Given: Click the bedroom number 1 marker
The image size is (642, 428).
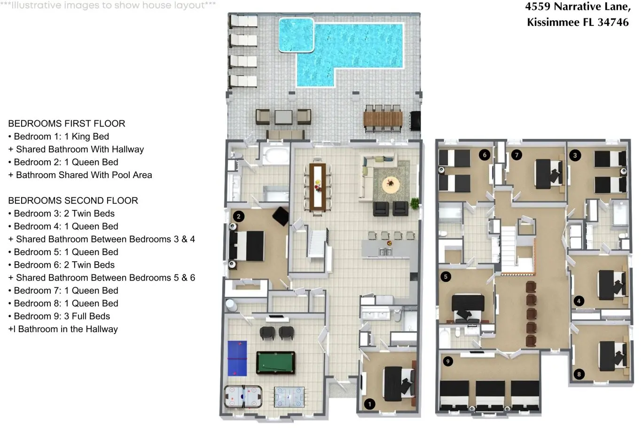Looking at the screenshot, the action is (369, 404).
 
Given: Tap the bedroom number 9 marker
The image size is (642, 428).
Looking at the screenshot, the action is (448, 361).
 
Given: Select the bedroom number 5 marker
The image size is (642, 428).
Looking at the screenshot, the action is (446, 276).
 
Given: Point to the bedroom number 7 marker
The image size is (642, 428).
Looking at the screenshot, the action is (517, 155).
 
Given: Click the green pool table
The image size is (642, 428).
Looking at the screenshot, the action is (275, 362).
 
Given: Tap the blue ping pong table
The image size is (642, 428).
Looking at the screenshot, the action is (237, 358).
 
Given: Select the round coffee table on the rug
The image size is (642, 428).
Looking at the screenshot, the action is (391, 184).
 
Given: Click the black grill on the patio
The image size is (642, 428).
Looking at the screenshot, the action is (415, 121).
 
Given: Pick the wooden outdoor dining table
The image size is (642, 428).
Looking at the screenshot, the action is (383, 119).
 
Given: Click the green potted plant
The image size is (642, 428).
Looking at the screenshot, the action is (414, 203).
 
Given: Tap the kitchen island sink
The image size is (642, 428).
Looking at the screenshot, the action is (385, 252).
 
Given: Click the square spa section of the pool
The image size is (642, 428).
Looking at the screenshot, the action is (296, 35).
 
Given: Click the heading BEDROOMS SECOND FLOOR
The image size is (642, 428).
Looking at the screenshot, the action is (73, 201).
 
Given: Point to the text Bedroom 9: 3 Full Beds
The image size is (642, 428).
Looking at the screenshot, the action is (62, 316).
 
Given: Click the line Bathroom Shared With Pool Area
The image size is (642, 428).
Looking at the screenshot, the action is (84, 175).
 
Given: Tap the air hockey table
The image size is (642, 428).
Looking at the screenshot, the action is (243, 397).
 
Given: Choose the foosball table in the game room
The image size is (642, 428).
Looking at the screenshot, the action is (289, 397).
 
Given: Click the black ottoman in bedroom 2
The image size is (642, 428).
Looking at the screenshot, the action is (281, 216).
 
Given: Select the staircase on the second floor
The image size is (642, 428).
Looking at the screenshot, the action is (509, 244).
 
